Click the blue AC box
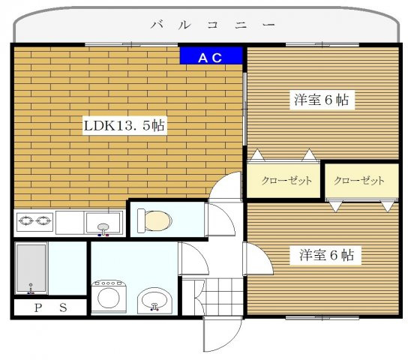point(211,55)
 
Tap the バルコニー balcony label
point(211,25)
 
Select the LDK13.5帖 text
point(124,126)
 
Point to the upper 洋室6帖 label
point(322,99)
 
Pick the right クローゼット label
point(358,181)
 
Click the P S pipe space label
point(49,307)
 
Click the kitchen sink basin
point(103,223)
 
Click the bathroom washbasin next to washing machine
point(155,301)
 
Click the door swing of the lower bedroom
point(256,259)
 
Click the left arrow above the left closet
point(256,156)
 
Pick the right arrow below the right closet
point(388,205)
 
